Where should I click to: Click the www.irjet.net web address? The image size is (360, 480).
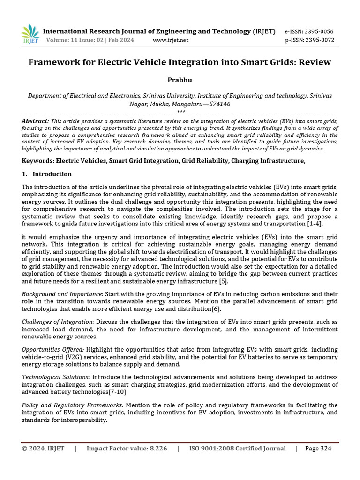pyautogui.click(x=171, y=40)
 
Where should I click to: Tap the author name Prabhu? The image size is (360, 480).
pyautogui.click(x=180, y=81)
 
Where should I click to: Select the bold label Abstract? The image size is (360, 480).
pyautogui.click(x=35, y=121)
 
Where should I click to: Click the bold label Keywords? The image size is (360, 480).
pyautogui.click(x=38, y=161)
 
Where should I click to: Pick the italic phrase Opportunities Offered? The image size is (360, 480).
pyautogui.click(x=53, y=350)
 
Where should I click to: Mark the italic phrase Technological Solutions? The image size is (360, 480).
pyautogui.click(x=55, y=377)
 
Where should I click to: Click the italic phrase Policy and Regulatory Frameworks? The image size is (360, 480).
pyautogui.click(x=72, y=405)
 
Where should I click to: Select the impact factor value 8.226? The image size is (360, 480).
pyautogui.click(x=155, y=449)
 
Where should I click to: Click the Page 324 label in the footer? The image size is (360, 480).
pyautogui.click(x=318, y=449)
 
